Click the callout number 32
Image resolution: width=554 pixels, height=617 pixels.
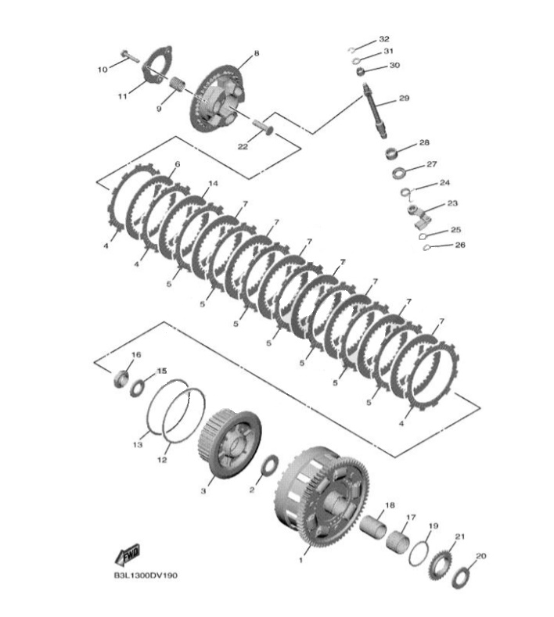click(383, 38)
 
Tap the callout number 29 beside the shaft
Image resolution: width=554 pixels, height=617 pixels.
click(404, 99)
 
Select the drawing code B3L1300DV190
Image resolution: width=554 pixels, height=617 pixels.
click(146, 575)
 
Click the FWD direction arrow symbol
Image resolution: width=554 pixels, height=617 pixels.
click(128, 555)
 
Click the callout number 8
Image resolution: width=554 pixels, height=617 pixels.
click(255, 52)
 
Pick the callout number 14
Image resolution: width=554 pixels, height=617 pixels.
click(212, 183)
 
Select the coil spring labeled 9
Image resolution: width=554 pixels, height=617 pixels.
click(178, 82)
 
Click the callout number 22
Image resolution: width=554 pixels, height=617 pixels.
click(243, 146)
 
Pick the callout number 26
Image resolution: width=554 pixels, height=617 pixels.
click(459, 245)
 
